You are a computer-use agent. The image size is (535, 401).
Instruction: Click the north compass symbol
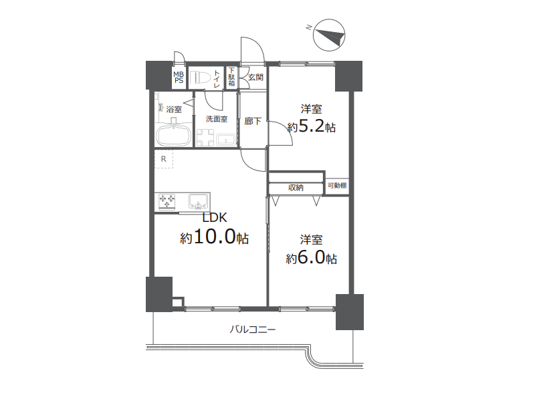coord(328,35)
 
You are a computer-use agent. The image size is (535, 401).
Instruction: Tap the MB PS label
coord(179,78)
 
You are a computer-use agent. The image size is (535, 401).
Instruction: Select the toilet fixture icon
coord(199,78)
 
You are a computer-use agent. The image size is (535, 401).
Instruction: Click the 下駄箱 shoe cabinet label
coord(231,77)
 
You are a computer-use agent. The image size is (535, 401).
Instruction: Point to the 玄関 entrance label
coord(255,78)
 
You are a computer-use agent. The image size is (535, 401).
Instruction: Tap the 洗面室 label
coord(216,119)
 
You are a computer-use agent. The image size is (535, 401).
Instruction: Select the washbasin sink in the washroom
coord(225,140)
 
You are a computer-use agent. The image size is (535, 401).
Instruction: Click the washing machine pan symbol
coord(205,138)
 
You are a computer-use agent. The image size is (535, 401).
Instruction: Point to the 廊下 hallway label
coord(253,121)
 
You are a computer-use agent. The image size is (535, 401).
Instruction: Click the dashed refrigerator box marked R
coord(164,159)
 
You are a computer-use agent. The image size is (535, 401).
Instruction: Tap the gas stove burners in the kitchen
coord(167,201)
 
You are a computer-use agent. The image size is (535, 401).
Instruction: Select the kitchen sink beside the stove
coord(198,201)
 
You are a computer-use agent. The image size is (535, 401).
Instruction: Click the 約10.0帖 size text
coord(214,237)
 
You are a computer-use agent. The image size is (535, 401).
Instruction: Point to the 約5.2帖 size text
coord(311,127)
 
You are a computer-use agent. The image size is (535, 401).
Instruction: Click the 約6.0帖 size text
coord(311,258)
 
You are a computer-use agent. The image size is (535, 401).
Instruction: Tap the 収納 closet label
coord(296,188)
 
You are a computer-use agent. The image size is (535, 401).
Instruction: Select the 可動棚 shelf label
coord(337,186)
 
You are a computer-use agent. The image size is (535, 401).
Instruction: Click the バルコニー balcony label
coord(252,329)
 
